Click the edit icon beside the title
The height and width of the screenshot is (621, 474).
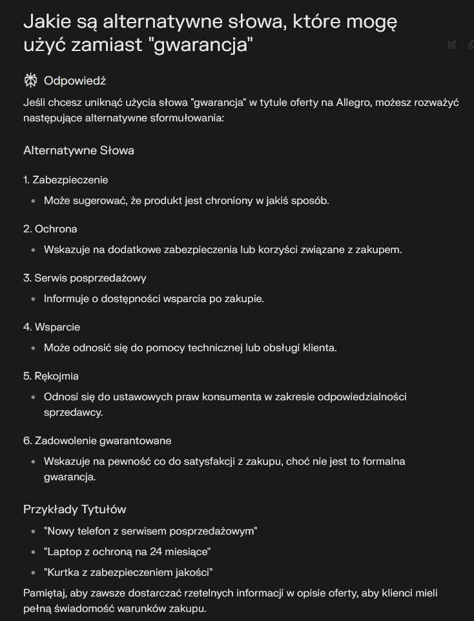click(x=452, y=45)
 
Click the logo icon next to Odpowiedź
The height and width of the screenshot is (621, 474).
click(x=30, y=81)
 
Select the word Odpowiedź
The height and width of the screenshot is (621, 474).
click(x=74, y=81)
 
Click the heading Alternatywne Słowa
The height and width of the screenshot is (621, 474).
click(x=79, y=150)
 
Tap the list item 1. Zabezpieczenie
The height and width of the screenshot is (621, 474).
click(x=65, y=180)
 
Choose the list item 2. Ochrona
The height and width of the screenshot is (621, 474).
click(x=50, y=229)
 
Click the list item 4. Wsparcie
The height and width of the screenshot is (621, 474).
click(x=52, y=327)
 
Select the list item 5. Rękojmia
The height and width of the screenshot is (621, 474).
click(x=51, y=376)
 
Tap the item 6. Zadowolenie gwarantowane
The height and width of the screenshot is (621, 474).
click(x=97, y=441)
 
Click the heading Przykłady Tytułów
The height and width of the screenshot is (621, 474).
click(x=74, y=509)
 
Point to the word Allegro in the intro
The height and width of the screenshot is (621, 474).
click(x=353, y=103)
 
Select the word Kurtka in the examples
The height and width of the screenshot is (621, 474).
click(x=63, y=573)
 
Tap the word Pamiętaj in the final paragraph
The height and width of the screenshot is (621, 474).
click(x=45, y=593)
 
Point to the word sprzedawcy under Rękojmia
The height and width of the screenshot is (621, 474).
click(x=73, y=412)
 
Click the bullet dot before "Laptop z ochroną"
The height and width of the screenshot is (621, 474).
click(x=33, y=552)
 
